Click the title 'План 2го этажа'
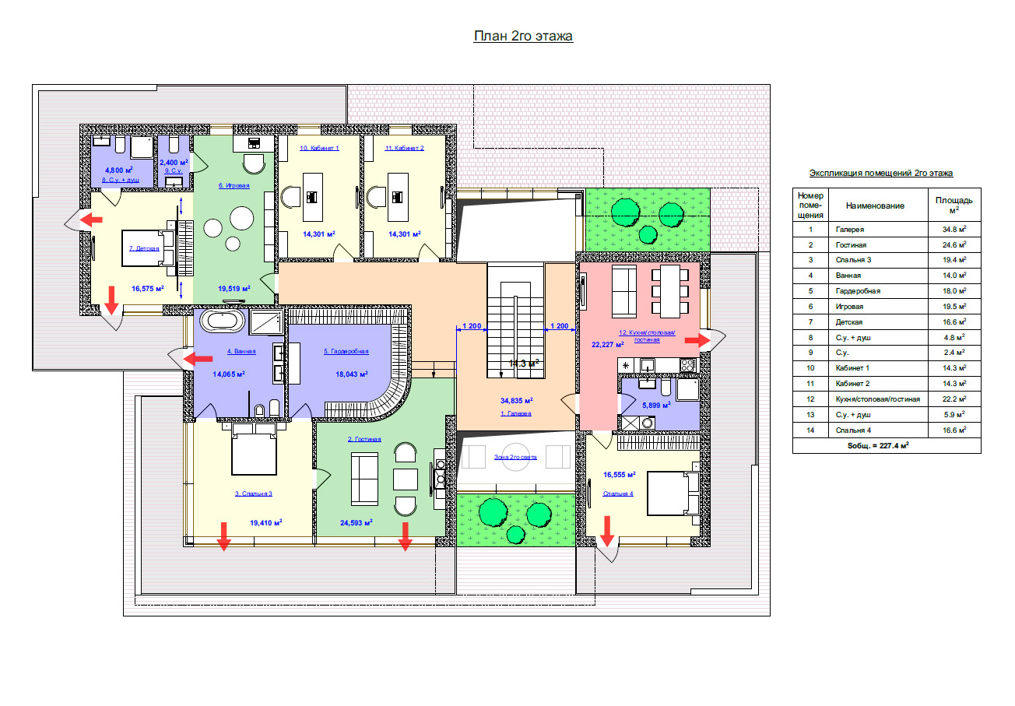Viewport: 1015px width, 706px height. [x=523, y=36]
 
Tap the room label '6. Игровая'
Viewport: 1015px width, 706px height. [x=234, y=185]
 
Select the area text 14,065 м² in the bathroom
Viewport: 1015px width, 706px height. [x=229, y=374]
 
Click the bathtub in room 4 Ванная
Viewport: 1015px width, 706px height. [x=222, y=321]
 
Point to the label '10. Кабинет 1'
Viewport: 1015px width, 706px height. [x=319, y=148]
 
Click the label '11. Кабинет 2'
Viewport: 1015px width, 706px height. [x=404, y=148]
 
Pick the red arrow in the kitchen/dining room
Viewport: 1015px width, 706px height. [x=697, y=340]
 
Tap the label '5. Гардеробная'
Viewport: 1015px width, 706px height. [x=346, y=351]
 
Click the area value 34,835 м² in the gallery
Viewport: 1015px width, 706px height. [x=517, y=401]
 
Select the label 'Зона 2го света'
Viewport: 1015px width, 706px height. [x=515, y=457]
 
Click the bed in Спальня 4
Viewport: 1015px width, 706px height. [x=673, y=493]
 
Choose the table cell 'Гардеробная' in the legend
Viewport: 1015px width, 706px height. [x=858, y=291]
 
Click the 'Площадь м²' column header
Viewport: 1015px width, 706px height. [x=954, y=205]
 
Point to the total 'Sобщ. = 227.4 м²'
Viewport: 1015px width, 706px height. [x=878, y=445]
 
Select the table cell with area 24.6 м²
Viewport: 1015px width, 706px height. [x=954, y=244]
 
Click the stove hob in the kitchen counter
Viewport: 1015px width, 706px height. [x=687, y=365]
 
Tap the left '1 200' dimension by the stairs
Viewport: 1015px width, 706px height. [x=471, y=326]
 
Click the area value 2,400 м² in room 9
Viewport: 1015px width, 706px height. [x=174, y=162]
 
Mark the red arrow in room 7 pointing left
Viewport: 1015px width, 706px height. [x=91, y=220]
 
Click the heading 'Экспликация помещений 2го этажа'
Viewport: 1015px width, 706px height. [x=881, y=173]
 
